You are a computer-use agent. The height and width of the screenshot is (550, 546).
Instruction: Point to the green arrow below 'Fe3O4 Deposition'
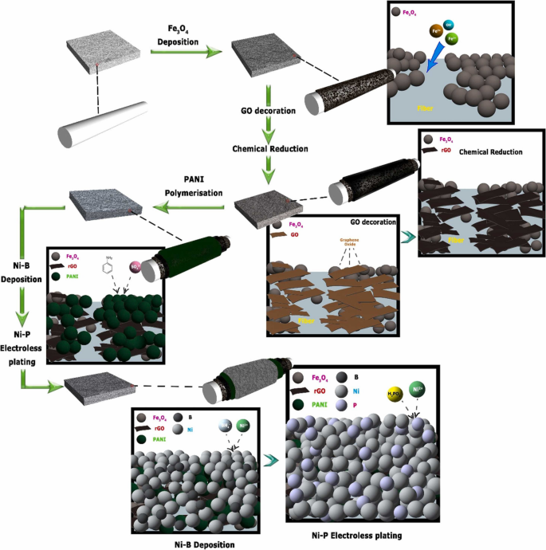click(191, 52)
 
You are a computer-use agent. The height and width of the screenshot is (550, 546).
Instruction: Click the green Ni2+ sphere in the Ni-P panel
click(418, 390)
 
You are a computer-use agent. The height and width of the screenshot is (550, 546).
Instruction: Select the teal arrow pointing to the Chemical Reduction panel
click(407, 236)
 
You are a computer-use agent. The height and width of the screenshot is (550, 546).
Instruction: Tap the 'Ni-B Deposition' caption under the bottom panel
click(202, 542)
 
